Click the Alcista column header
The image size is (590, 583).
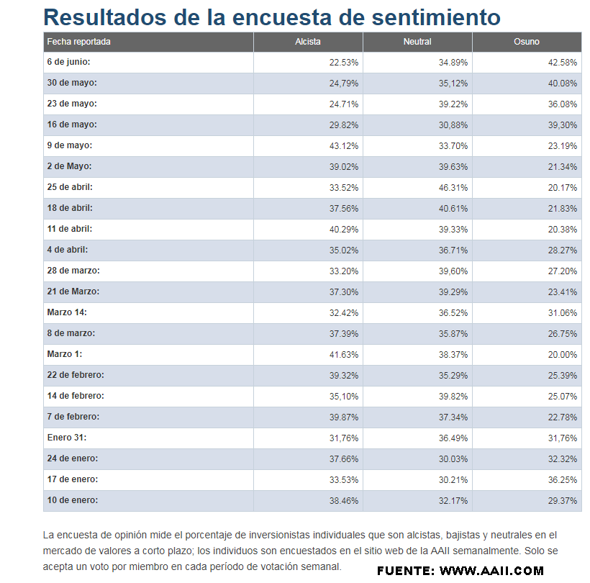click(x=308, y=42)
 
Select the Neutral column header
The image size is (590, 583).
click(x=417, y=42)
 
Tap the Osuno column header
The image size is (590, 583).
click(x=527, y=42)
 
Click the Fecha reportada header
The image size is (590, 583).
click(x=79, y=42)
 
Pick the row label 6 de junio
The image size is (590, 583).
click(x=69, y=63)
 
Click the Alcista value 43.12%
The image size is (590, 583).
click(x=344, y=146)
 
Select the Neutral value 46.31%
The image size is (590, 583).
click(x=453, y=188)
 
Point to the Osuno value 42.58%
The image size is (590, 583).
click(x=563, y=63)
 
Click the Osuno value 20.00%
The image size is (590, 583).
click(x=563, y=355)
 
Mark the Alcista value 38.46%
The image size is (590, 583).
click(x=344, y=501)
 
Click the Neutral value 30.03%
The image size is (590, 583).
click(x=453, y=459)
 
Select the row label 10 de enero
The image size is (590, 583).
click(x=73, y=500)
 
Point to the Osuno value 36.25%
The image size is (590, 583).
click(x=563, y=480)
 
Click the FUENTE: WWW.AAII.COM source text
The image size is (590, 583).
click(x=460, y=571)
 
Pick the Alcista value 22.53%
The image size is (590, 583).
click(x=344, y=63)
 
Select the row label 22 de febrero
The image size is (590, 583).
click(x=76, y=375)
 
